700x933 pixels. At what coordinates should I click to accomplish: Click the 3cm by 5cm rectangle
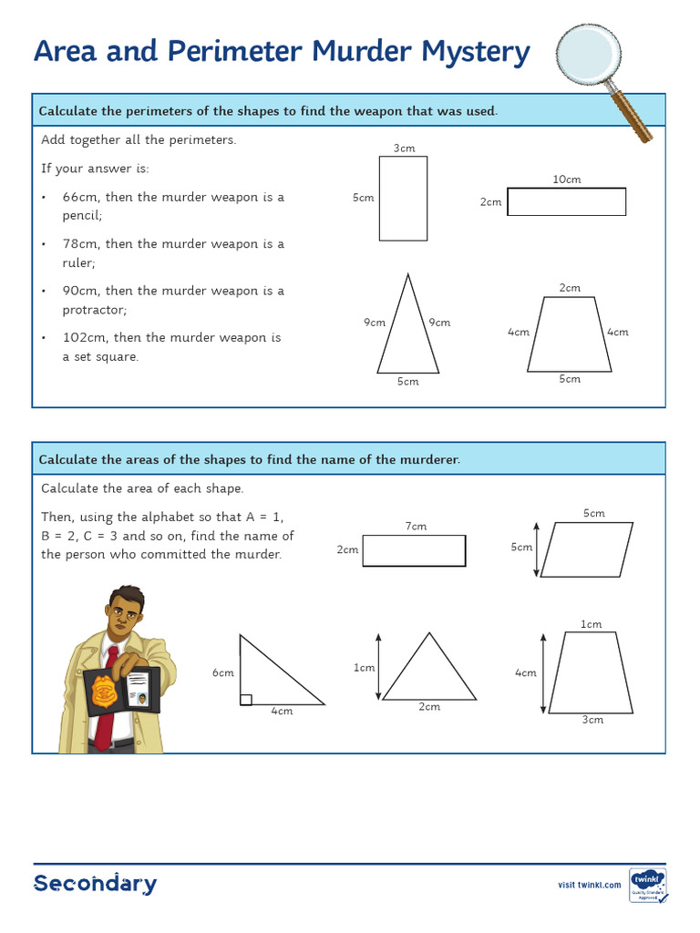[403, 198]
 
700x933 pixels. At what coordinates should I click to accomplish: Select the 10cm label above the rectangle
[567, 179]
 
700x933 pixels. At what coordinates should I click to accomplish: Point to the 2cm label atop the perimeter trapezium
[570, 288]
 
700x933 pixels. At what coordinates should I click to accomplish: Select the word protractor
[96, 310]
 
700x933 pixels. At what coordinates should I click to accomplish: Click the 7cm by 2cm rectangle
[414, 550]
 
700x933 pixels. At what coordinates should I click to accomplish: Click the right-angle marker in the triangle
[245, 699]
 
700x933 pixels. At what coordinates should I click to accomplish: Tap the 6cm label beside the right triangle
[223, 672]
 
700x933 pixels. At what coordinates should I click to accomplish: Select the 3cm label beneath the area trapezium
[592, 720]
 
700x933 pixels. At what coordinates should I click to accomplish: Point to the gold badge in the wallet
[102, 693]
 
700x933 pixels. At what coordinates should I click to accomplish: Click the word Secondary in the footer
[95, 883]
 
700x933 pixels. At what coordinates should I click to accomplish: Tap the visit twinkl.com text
[589, 885]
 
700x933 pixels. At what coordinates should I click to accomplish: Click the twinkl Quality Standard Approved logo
[647, 884]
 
